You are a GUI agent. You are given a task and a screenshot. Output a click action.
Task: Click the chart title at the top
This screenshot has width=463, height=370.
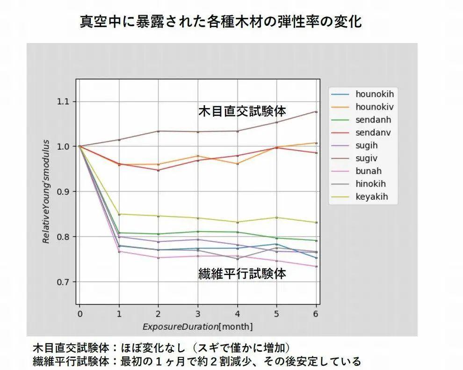pos(221,21)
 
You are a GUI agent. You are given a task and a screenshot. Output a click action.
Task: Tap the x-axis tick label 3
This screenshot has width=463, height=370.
pos(198,314)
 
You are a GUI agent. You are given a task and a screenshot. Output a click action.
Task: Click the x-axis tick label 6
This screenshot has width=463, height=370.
pos(316,314)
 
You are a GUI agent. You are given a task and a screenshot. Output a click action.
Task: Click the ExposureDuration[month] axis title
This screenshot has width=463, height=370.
pos(197,326)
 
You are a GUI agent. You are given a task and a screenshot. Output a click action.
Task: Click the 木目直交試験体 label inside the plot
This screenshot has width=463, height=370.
pos(242,111)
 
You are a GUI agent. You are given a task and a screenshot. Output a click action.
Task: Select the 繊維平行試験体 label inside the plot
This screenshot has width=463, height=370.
pos(242,274)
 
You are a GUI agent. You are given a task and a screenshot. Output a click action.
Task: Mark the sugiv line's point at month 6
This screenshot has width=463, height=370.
pos(316,112)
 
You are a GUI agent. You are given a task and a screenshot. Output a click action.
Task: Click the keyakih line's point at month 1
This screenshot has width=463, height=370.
pos(119,214)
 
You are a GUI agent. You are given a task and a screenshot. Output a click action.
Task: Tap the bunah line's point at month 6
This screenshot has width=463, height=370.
pos(316,267)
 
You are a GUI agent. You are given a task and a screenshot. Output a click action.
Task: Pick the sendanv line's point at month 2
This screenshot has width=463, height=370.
pos(158,170)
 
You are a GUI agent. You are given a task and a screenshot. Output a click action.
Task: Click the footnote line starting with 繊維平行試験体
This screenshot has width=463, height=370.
pos(196,362)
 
